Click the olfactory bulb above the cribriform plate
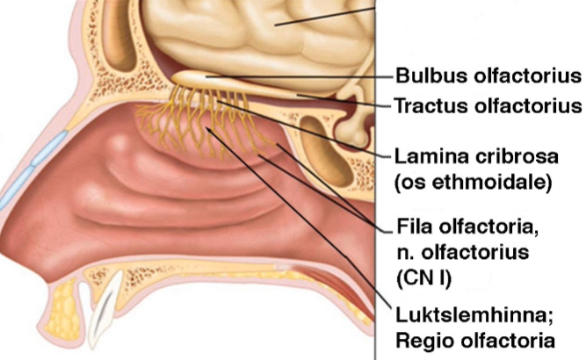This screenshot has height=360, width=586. (x=199, y=78)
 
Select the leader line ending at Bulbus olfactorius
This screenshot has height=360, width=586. (x=299, y=76)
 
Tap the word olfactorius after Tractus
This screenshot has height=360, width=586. (x=532, y=106)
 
